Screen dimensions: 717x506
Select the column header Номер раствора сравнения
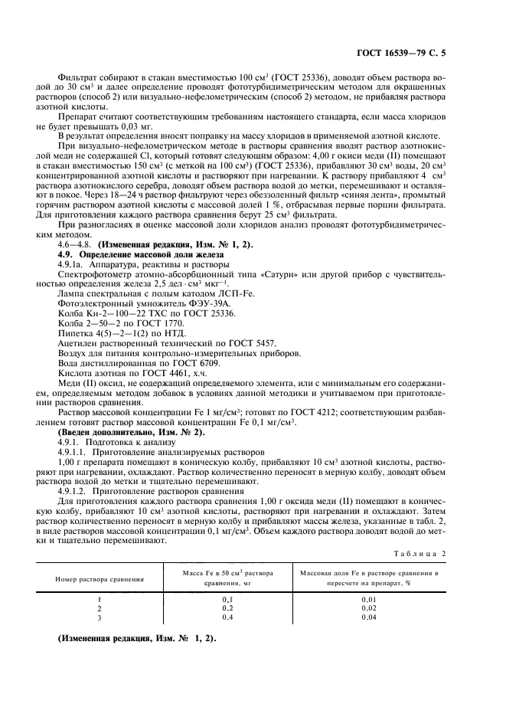(x=100, y=579)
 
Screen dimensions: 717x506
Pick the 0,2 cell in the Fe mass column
(x=227, y=607)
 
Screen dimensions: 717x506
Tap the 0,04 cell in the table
(x=370, y=617)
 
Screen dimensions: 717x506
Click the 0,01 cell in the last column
(x=370, y=598)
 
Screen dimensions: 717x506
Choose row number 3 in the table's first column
(x=100, y=617)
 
